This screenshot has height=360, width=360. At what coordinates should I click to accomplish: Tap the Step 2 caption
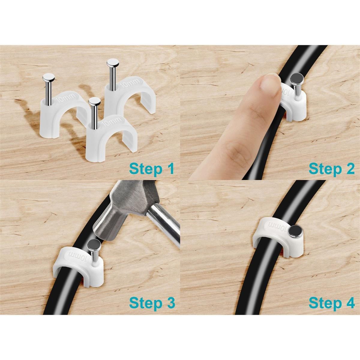tap(331, 169)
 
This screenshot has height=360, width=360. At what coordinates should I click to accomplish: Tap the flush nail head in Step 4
tap(294, 231)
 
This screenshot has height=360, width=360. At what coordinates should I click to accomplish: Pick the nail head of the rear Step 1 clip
tap(112, 62)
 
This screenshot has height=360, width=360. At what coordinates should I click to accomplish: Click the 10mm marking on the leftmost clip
tap(67, 97)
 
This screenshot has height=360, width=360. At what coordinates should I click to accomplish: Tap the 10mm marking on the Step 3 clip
tap(79, 256)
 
